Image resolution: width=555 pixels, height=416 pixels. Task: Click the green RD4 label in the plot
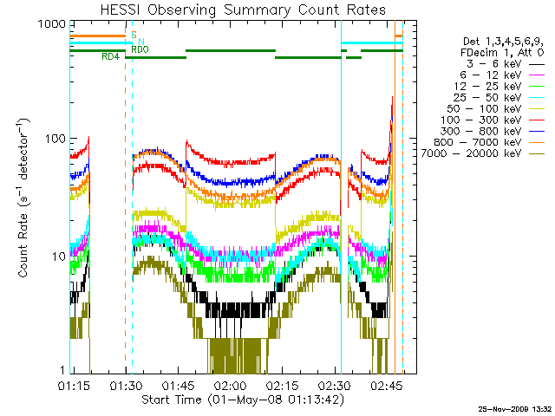coord(110,57)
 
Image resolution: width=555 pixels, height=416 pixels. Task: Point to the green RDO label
coord(140,50)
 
